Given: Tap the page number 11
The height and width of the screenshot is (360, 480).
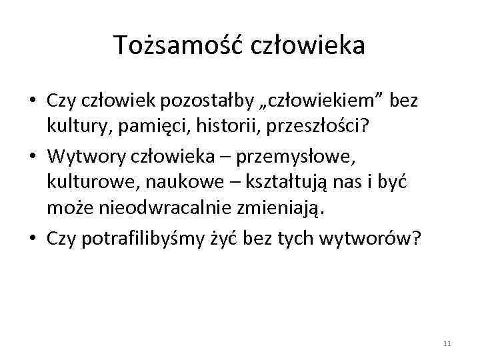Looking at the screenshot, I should [447, 343].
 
